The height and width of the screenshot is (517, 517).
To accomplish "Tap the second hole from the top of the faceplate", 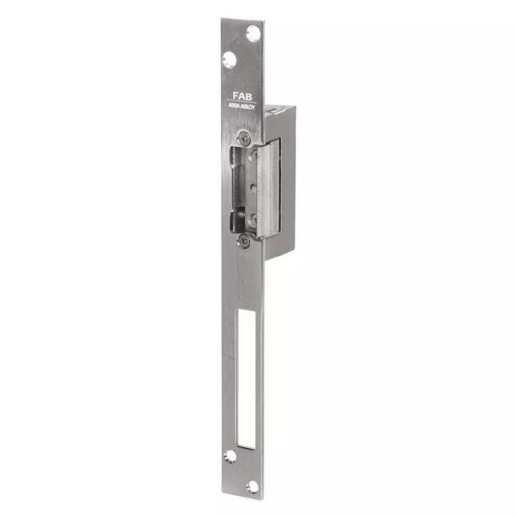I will pyautogui.click(x=229, y=60).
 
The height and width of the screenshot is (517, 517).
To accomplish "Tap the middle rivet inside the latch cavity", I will pyautogui.click(x=251, y=187).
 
